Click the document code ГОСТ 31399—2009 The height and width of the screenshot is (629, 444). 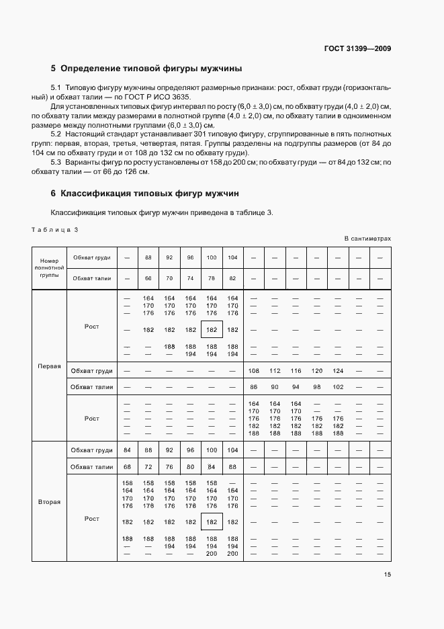(x=357, y=48)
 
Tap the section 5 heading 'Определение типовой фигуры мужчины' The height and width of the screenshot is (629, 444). (x=146, y=69)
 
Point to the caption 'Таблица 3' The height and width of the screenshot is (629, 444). (x=55, y=230)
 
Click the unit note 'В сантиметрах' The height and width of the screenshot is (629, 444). (x=367, y=239)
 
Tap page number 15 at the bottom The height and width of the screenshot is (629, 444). (x=387, y=575)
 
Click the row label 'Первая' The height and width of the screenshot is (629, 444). (x=50, y=367)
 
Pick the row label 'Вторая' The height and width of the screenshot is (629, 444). (x=50, y=502)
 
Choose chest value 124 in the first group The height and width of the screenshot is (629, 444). (x=337, y=371)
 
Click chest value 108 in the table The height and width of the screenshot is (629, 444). (x=254, y=371)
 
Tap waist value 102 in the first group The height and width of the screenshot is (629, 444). (x=337, y=387)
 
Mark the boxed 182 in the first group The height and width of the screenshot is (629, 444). (x=212, y=330)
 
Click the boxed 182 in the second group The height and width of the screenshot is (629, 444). (x=212, y=522)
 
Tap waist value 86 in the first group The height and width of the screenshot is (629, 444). (x=254, y=387)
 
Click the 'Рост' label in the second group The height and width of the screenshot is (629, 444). (x=92, y=519)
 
